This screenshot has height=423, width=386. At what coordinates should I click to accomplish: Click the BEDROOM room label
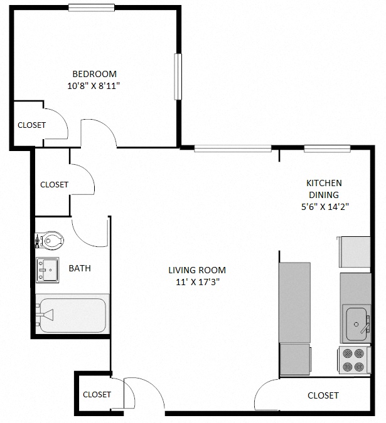pyautogui.click(x=94, y=73)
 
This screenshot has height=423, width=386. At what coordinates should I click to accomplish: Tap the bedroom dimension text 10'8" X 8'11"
pyautogui.click(x=94, y=85)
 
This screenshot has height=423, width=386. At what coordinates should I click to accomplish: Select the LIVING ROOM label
pyautogui.click(x=196, y=270)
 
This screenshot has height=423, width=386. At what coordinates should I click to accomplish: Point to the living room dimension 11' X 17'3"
pyautogui.click(x=196, y=282)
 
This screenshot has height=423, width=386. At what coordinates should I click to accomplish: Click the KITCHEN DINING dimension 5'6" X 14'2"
pyautogui.click(x=324, y=207)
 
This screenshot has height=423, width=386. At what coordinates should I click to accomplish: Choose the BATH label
pyautogui.click(x=80, y=268)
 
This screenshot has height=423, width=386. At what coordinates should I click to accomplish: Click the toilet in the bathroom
pyautogui.click(x=50, y=239)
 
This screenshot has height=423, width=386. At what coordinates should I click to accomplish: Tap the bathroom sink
pyautogui.click(x=47, y=270)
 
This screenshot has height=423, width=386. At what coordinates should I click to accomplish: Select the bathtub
pyautogui.click(x=71, y=315)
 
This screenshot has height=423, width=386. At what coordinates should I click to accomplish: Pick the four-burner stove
pyautogui.click(x=351, y=360)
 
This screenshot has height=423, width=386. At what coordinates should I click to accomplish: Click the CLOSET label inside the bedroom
pyautogui.click(x=31, y=125)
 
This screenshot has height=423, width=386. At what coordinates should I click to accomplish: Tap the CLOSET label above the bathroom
pyautogui.click(x=54, y=185)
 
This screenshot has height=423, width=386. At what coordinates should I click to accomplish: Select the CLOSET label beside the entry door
pyautogui.click(x=97, y=395)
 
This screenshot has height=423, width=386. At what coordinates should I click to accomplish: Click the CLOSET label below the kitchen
pyautogui.click(x=323, y=395)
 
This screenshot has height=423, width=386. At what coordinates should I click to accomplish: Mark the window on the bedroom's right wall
pyautogui.click(x=178, y=76)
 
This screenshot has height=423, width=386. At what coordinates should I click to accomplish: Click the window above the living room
pyautogui.click(x=232, y=149)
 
